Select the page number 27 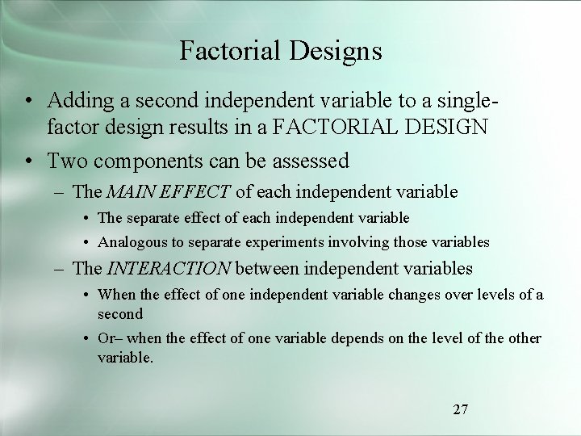(460, 409)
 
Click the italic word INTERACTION (167, 268)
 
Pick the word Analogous (129, 241)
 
